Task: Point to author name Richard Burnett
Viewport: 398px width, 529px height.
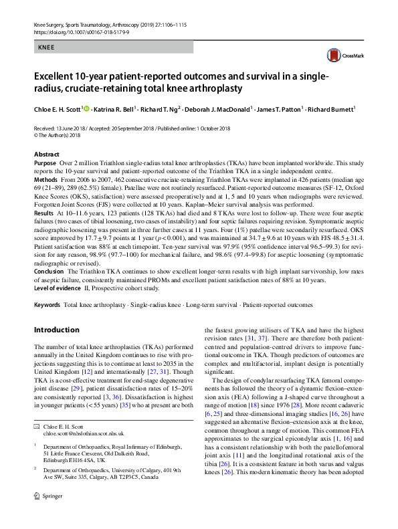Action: pyautogui.click(x=330, y=110)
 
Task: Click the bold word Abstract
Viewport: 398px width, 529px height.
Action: pyautogui.click(x=46, y=154)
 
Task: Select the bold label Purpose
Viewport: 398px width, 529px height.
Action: pyautogui.click(x=45, y=163)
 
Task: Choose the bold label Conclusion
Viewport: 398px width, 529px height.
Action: pyautogui.click(x=49, y=274)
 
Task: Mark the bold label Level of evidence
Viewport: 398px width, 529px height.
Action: pyautogui.click(x=60, y=289)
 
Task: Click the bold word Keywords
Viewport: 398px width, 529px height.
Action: pyautogui.click(x=47, y=305)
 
